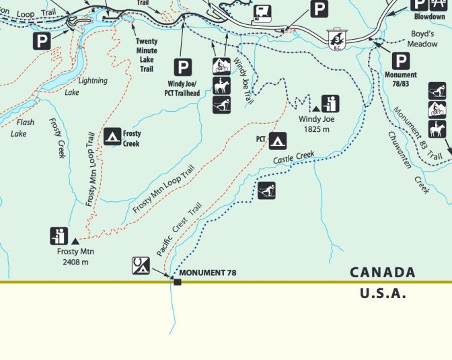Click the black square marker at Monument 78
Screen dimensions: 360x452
[178, 281]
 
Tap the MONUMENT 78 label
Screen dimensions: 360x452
[208, 273]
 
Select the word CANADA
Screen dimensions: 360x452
[382, 273]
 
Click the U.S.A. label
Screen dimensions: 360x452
[383, 293]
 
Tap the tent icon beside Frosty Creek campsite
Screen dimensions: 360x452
[113, 137]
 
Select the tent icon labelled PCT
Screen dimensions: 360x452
[278, 141]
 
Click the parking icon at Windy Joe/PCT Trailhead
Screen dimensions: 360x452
[183, 67]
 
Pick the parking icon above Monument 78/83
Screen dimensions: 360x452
[401, 61]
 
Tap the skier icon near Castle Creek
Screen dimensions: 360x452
[266, 190]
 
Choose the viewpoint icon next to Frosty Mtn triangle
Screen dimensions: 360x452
[59, 236]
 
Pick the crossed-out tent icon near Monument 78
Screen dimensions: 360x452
[141, 265]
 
